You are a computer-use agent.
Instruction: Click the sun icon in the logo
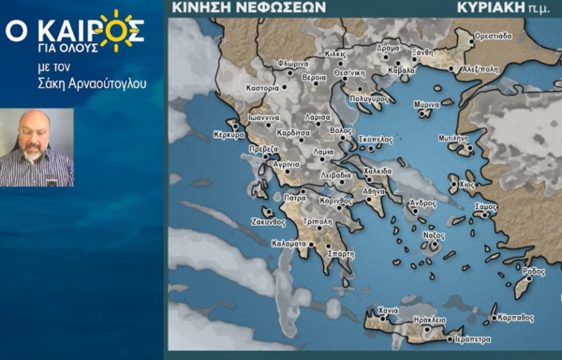pyautogui.click(x=119, y=30)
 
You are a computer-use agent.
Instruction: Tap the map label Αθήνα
pyautogui.click(x=374, y=189)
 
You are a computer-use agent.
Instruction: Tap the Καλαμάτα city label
pyautogui.click(x=288, y=243)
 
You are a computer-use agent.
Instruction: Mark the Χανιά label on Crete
pyautogui.click(x=388, y=309)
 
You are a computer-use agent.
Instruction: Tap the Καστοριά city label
pyautogui.click(x=261, y=87)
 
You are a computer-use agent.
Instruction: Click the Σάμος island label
pyautogui.click(x=485, y=204)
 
